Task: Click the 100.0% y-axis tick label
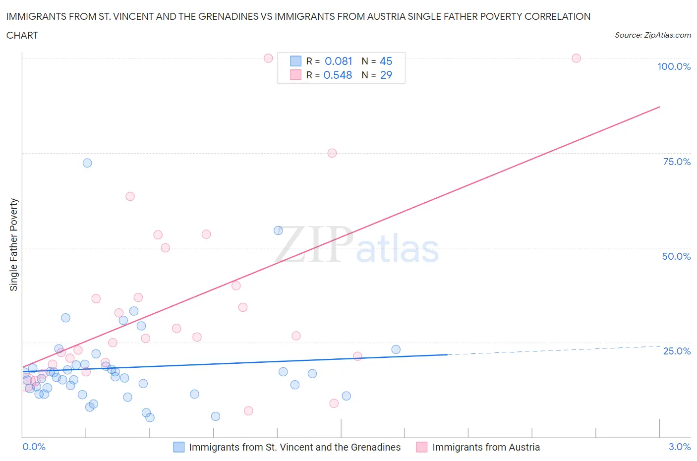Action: [674, 66]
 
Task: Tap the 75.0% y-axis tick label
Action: [677, 162]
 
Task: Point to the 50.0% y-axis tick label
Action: [676, 256]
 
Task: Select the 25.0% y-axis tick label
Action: [677, 351]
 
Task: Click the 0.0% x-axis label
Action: [34, 447]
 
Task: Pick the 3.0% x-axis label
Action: [679, 447]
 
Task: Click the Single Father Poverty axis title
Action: [14, 245]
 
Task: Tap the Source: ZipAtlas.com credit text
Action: [652, 35]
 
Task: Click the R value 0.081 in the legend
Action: [338, 61]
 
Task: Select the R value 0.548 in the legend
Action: [338, 75]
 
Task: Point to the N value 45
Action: [386, 61]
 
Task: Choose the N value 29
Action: [386, 75]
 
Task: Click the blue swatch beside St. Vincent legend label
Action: [179, 447]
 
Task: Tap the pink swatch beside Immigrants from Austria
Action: [422, 447]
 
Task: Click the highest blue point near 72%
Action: [87, 163]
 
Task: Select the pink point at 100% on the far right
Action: [576, 58]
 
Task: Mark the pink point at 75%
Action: [332, 153]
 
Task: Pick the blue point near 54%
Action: [278, 230]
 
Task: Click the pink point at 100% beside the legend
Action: [268, 58]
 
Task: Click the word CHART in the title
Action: [22, 35]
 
